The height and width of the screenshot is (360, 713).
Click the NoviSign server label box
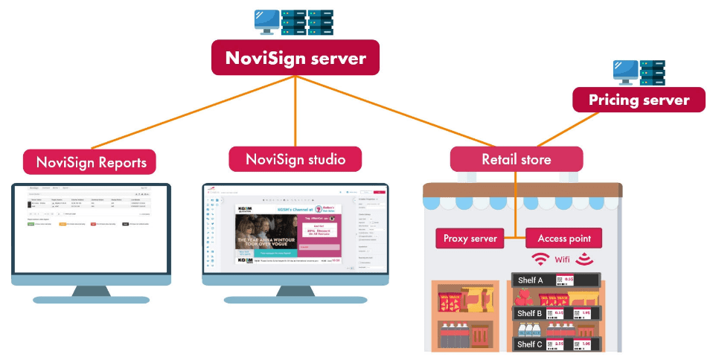click(295, 57)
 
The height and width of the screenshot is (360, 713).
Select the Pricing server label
click(639, 100)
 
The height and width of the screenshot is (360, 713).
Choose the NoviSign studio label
click(295, 158)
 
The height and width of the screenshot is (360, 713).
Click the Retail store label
click(516, 159)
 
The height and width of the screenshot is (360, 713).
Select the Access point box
click(564, 239)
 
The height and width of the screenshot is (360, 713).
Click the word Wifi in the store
click(562, 260)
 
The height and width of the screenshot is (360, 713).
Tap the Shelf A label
click(530, 280)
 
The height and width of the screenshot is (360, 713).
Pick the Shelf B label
click(530, 313)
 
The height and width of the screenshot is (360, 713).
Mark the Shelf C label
click(530, 344)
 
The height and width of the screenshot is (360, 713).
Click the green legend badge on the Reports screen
click(31, 223)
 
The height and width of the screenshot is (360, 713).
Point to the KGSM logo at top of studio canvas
click(246, 211)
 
